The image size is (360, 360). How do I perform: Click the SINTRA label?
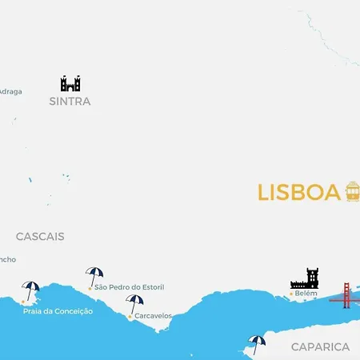pos(70,102)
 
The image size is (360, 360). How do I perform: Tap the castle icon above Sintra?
pos(70,83)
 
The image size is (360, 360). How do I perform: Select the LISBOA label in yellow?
pos(299,193)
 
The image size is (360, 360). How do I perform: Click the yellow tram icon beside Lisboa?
pos(352,191)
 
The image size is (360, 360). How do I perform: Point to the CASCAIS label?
pos(40,237)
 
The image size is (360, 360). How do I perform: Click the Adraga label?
pos(10,91)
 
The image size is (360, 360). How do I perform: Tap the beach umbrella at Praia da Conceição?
pos(31,290)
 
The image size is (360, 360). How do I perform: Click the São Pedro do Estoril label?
pos(130,287)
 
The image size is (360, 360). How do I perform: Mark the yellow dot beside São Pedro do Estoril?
pos(90,287)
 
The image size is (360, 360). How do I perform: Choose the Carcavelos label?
pos(153,316)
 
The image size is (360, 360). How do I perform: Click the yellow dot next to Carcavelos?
pos(130,317)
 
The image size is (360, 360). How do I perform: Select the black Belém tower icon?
pos(304,278)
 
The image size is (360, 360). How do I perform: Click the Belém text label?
pos(306,294)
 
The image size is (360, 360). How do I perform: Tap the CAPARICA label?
pos(320,346)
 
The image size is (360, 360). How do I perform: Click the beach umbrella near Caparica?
pos(257,344)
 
